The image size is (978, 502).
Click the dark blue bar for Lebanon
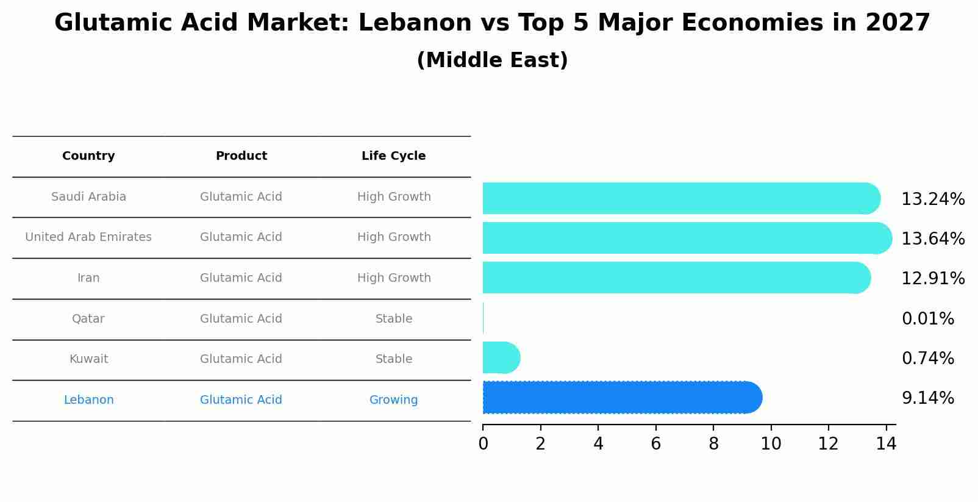[622, 398]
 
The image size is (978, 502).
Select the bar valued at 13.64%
[687, 238]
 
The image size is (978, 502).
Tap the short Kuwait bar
[501, 357]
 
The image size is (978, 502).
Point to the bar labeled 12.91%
[676, 278]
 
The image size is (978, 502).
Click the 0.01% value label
[927, 319]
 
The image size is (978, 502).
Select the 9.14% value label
[927, 398]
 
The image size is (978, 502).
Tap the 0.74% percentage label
[927, 359]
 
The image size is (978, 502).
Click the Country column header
[88, 156]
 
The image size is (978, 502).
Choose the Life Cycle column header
[393, 156]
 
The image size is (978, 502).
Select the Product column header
[241, 156]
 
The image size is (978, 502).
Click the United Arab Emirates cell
[88, 237]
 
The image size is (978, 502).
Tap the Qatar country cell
[88, 319]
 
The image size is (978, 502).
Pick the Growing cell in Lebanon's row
[393, 400]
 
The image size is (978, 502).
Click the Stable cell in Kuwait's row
[393, 359]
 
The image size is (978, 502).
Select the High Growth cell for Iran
[393, 278]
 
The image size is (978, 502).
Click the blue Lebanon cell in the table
[88, 400]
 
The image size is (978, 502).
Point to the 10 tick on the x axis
[771, 444]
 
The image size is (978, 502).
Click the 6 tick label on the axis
[655, 444]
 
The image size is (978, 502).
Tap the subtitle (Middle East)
[492, 60]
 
